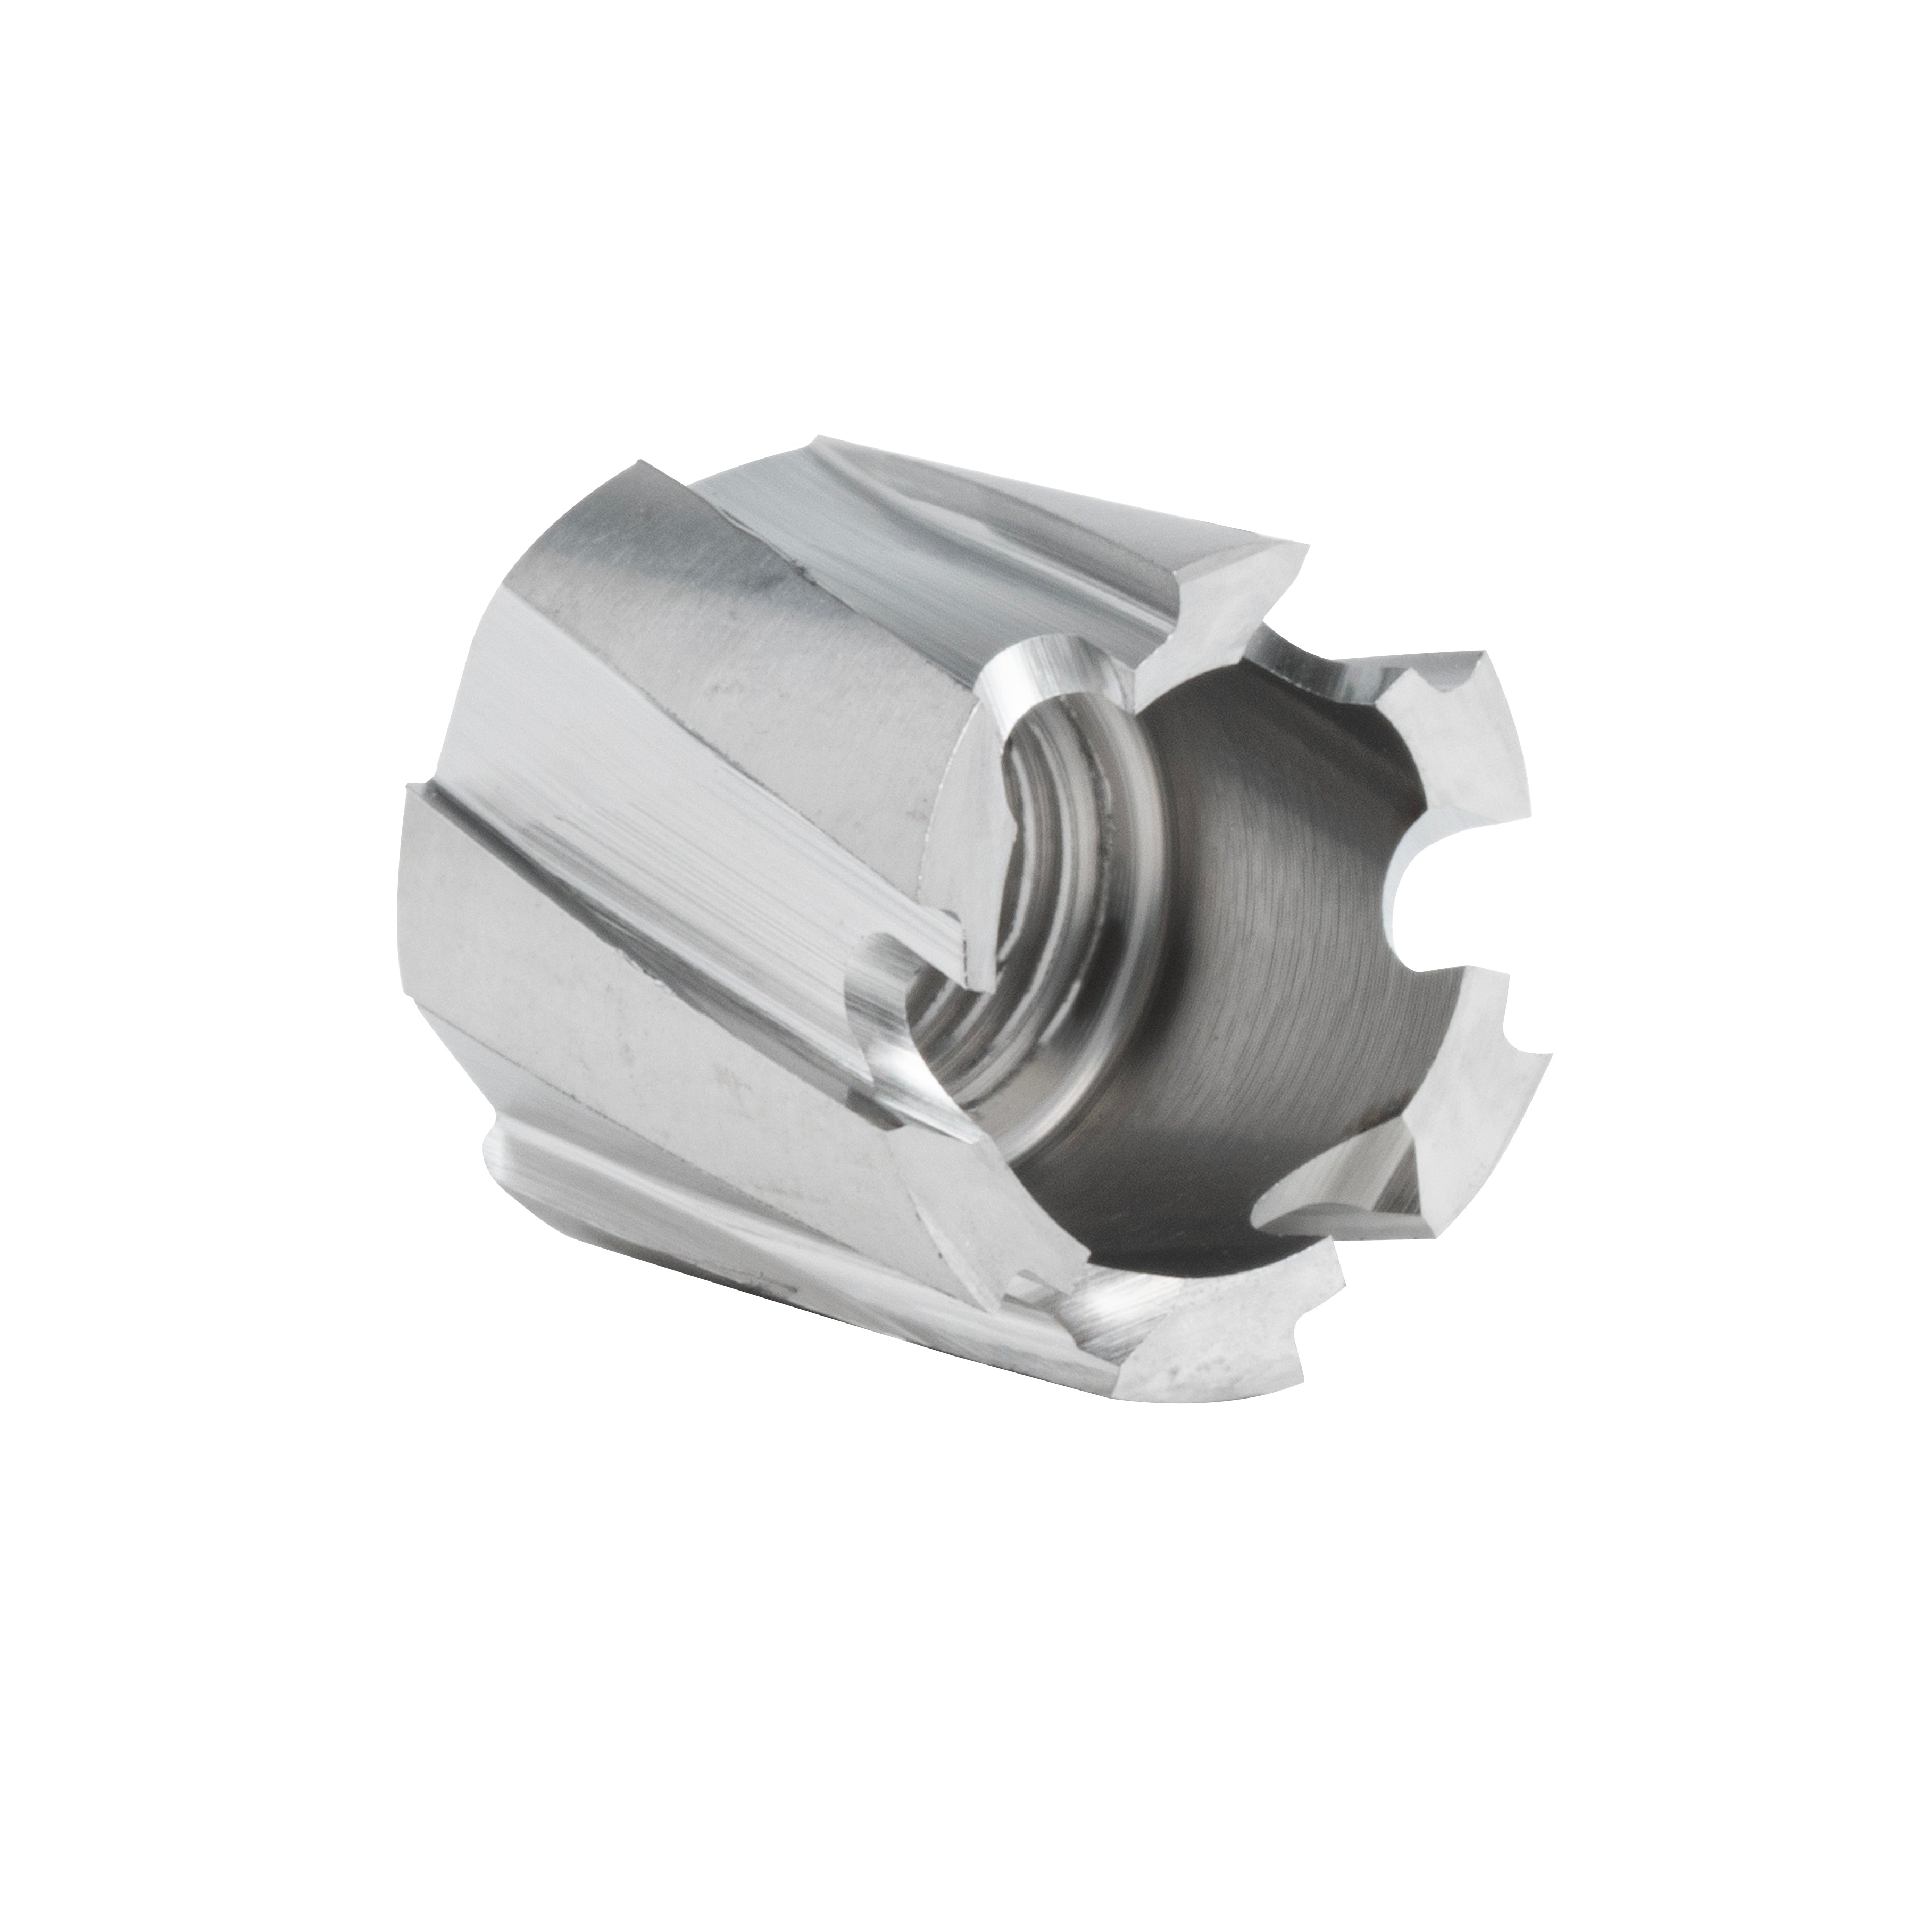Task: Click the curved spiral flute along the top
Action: pyautogui.click(x=991, y=525)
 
